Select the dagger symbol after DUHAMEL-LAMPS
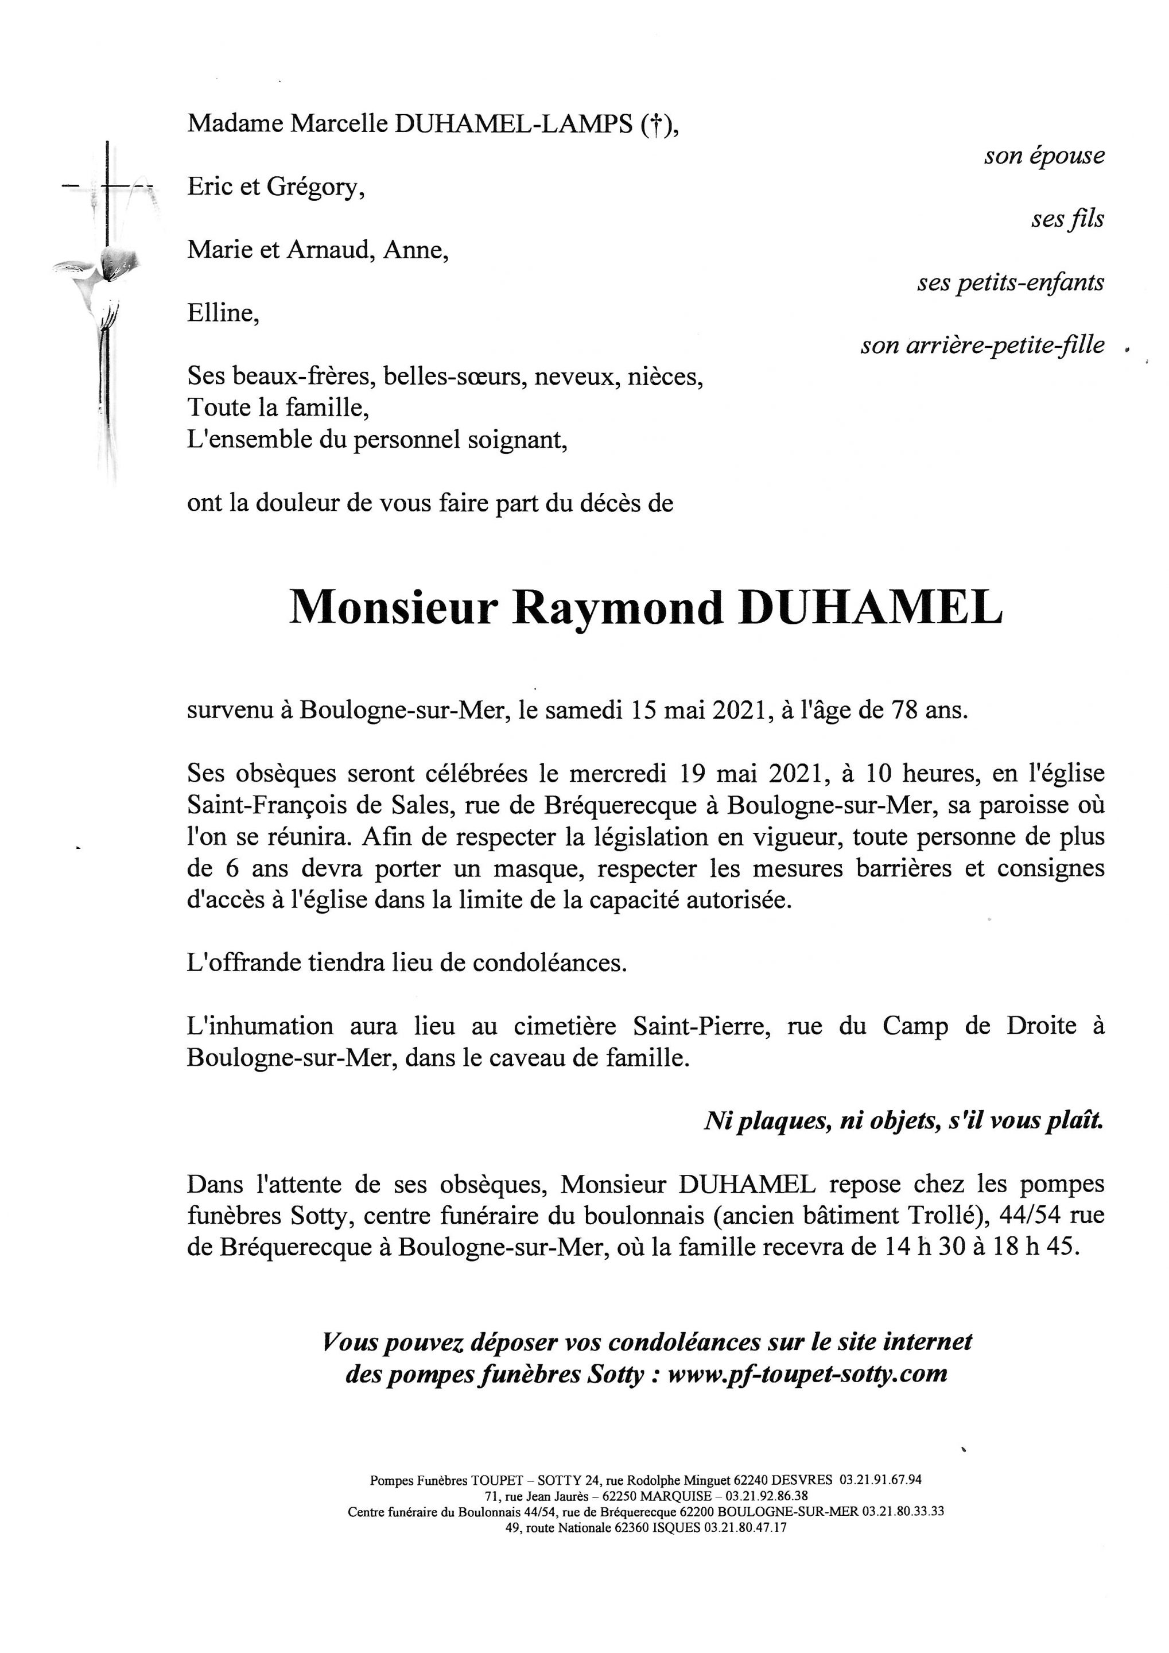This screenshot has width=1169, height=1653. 654,124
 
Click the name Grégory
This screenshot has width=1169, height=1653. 314,187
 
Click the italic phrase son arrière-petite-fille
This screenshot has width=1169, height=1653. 982,346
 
